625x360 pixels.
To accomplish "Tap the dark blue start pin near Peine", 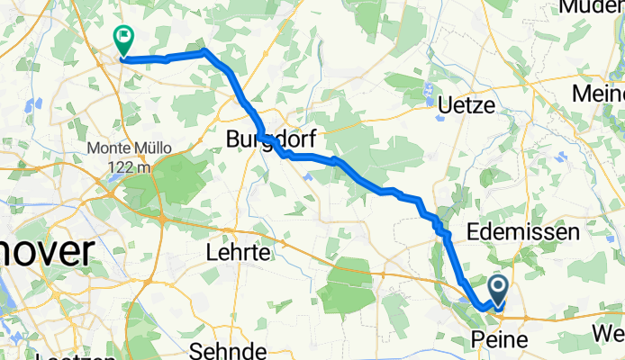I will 498,291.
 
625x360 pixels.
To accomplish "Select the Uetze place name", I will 466,105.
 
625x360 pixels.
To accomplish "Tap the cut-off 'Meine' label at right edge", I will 601,94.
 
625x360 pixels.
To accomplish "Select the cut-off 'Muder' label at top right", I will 591,7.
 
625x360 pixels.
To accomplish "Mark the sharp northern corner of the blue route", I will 205,51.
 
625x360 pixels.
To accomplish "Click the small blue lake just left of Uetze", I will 430,91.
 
